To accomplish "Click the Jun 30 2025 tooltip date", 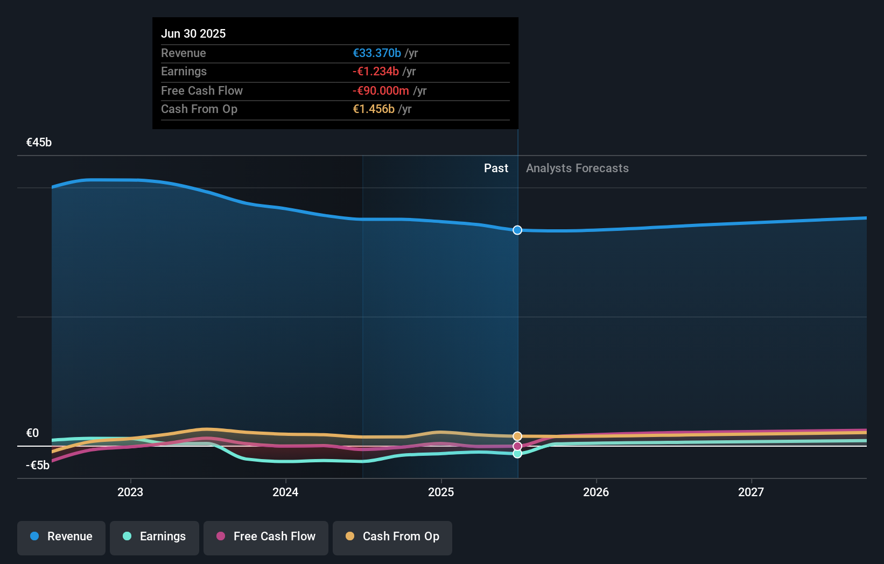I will click(193, 33).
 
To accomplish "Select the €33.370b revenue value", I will click(377, 53).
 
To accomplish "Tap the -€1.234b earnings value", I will click(376, 71).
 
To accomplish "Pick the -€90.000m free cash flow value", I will click(381, 90).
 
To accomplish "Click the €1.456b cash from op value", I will click(374, 109).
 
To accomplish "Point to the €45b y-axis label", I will click(39, 142).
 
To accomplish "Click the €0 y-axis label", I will click(32, 433).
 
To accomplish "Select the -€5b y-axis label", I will click(38, 465).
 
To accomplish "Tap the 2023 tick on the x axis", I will click(130, 492).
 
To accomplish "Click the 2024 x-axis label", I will click(285, 492).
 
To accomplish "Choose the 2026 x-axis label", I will click(596, 492).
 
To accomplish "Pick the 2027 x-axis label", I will click(751, 492).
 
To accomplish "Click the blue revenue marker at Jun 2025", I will click(517, 230).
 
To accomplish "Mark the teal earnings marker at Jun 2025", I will click(517, 454).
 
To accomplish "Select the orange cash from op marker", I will click(517, 436).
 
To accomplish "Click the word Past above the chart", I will click(496, 168).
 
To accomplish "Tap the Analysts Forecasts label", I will click(577, 168).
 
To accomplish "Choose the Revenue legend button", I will click(61, 537).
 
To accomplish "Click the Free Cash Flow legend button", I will click(266, 537).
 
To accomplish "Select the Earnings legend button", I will click(155, 537).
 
